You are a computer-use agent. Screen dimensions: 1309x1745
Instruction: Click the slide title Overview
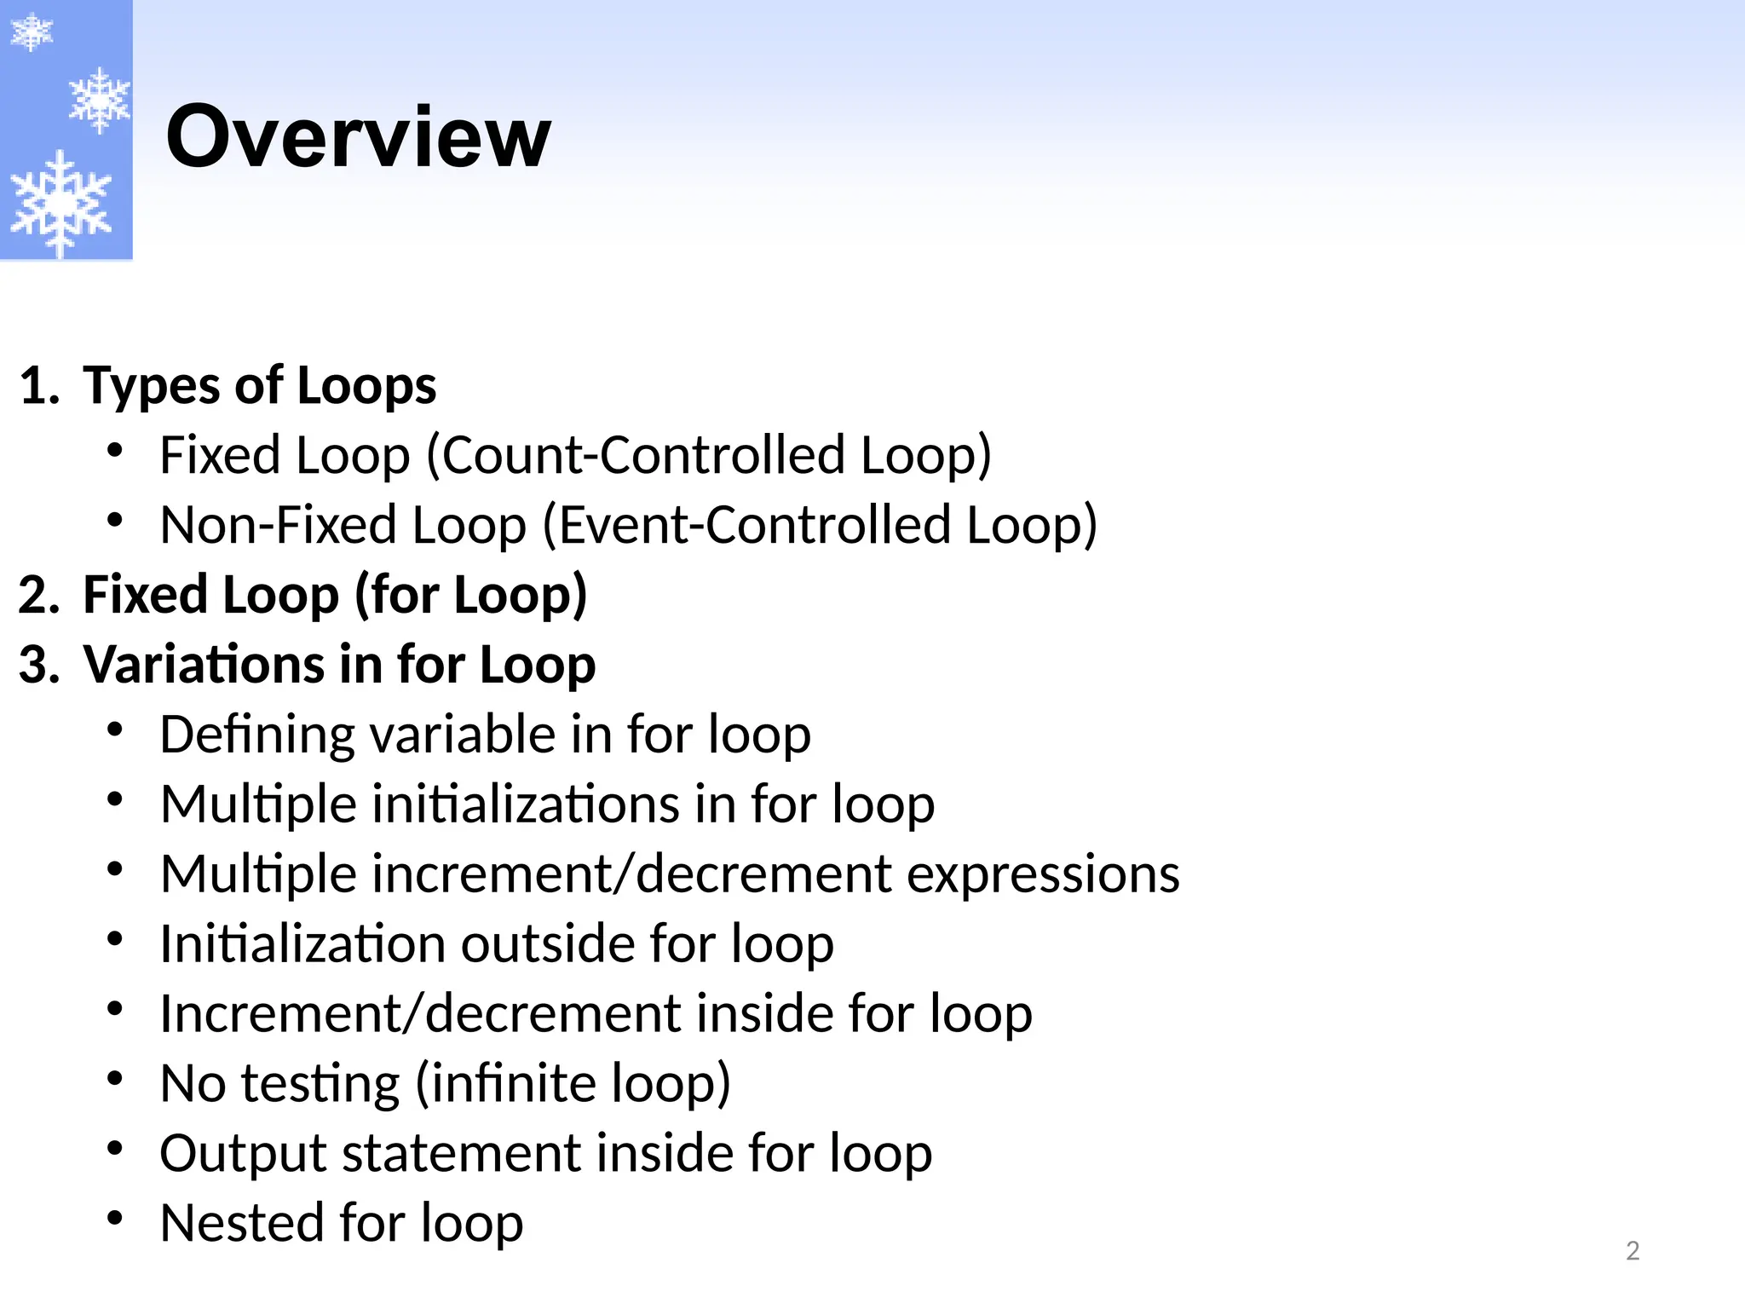pyautogui.click(x=358, y=136)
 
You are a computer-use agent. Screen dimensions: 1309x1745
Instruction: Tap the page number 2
pyautogui.click(x=1633, y=1251)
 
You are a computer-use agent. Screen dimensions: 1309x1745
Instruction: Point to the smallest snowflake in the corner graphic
pyautogui.click(x=31, y=32)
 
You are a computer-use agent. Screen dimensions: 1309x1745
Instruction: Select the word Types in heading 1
pyautogui.click(x=150, y=386)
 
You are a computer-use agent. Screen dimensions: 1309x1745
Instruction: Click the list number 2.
pyautogui.click(x=37, y=595)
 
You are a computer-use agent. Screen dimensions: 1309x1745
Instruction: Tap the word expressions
pyautogui.click(x=1043, y=874)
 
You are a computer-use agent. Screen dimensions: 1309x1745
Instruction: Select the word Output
pyautogui.click(x=243, y=1154)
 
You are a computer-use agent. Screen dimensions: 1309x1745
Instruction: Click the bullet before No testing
pyautogui.click(x=116, y=1079)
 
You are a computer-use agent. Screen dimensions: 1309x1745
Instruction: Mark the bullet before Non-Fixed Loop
pyautogui.click(x=116, y=520)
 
